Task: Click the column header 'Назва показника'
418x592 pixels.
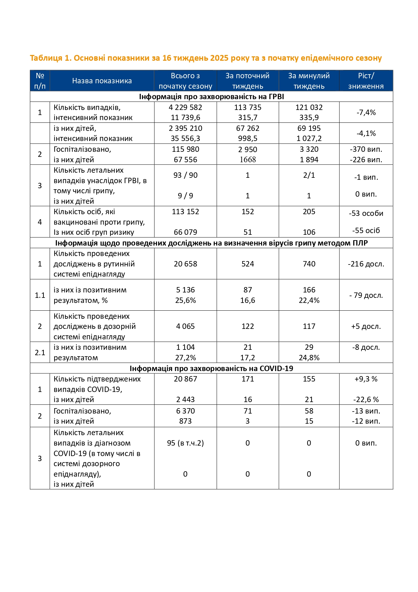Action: tap(102, 81)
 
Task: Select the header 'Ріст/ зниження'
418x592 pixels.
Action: tap(366, 81)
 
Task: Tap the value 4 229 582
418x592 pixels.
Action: tap(185, 107)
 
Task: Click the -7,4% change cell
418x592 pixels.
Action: tap(366, 112)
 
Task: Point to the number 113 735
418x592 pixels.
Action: tap(248, 107)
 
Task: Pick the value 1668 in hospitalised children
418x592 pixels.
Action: tap(248, 160)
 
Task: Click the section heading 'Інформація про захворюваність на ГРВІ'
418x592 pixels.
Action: tap(211, 97)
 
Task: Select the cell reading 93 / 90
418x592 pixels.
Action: tap(185, 175)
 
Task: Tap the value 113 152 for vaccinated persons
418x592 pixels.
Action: tap(185, 212)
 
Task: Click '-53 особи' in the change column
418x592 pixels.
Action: tap(366, 213)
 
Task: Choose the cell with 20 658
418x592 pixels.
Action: tap(185, 264)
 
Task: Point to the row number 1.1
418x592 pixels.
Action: tap(40, 295)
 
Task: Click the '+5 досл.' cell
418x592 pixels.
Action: tap(366, 326)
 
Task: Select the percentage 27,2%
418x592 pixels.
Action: tap(185, 358)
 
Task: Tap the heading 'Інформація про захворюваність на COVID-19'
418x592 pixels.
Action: tap(211, 368)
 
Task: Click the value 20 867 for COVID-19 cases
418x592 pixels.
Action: tap(185, 379)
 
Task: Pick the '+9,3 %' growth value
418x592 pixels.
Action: tap(366, 379)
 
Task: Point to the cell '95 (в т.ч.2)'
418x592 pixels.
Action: tap(185, 443)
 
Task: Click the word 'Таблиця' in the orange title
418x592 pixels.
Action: tap(46, 58)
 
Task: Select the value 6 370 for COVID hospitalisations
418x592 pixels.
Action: tap(185, 411)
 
